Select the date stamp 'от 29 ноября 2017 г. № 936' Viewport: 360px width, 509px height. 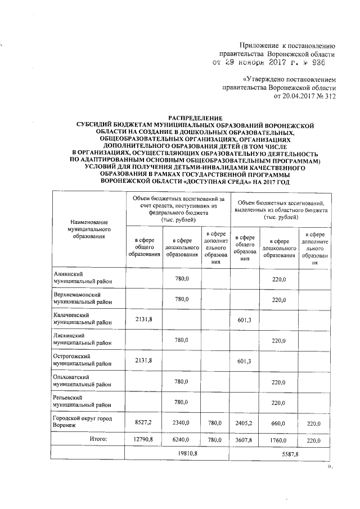click(x=272, y=64)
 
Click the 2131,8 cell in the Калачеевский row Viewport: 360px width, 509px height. click(x=143, y=319)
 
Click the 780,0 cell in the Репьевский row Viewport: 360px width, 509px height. click(x=181, y=402)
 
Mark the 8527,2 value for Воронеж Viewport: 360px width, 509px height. click(x=143, y=422)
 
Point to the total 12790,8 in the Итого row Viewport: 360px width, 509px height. click(x=143, y=439)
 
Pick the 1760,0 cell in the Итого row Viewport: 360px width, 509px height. click(x=279, y=439)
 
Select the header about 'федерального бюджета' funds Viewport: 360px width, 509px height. click(x=178, y=209)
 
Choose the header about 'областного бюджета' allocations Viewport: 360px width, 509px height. click(x=280, y=209)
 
